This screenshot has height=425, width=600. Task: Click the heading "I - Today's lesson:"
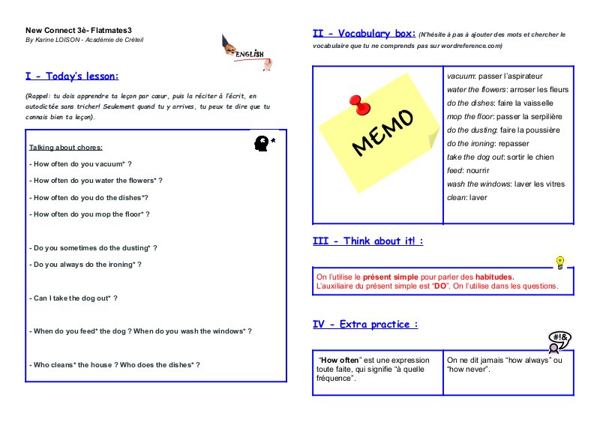point(72,76)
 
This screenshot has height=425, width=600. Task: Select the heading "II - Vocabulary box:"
point(363,34)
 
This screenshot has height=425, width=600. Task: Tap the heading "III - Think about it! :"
point(367,241)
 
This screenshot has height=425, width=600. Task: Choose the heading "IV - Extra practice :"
point(365,325)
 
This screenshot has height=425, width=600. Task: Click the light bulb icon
point(559,262)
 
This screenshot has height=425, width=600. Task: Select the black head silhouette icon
point(262,142)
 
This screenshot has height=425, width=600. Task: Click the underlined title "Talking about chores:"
point(66,147)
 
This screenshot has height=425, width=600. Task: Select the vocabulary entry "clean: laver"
point(467,197)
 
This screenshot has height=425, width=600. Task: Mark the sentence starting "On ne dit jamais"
point(504,365)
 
